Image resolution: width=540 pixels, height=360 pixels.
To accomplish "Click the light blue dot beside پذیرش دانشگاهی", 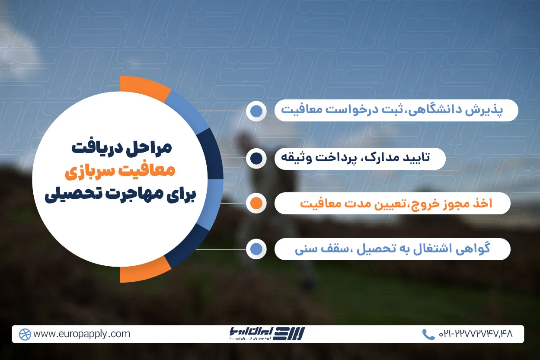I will click(x=256, y=111).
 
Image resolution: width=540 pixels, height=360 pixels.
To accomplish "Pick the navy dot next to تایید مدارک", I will click(x=256, y=159).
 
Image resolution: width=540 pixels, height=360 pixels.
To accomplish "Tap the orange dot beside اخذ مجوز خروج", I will click(x=256, y=203).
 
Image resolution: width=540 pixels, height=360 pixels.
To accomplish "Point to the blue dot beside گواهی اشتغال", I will click(x=256, y=249).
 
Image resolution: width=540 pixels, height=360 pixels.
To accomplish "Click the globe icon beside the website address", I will click(x=25, y=334).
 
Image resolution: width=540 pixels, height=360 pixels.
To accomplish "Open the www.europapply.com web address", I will click(x=82, y=334).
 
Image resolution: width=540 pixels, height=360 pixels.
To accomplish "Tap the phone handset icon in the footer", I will click(x=428, y=334).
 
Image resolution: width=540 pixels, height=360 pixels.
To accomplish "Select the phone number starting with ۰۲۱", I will click(x=475, y=334).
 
